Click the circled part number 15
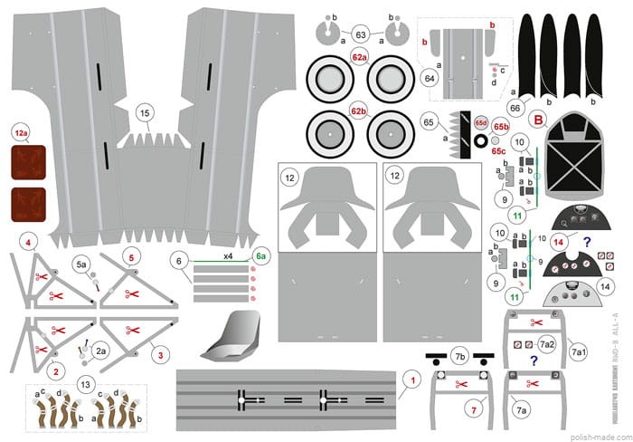click(144, 113)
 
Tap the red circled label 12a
click(21, 134)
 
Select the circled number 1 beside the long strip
click(411, 381)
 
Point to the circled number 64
click(430, 78)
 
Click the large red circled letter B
click(538, 119)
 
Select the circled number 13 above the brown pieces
click(86, 383)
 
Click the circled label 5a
click(82, 264)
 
